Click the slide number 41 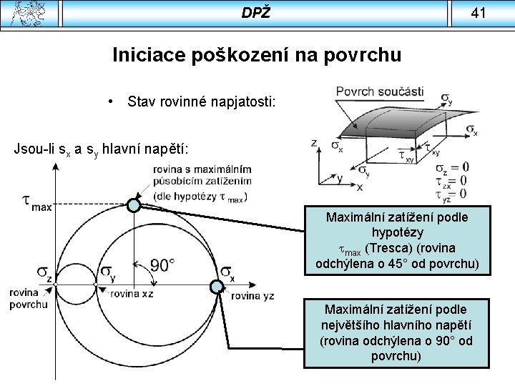pyautogui.click(x=479, y=12)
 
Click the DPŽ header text pyautogui.click(x=256, y=12)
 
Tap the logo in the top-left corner pyautogui.click(x=28, y=13)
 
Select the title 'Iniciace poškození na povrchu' pyautogui.click(x=257, y=55)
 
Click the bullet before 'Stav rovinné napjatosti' pyautogui.click(x=112, y=102)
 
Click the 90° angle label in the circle pyautogui.click(x=162, y=266)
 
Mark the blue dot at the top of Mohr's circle pyautogui.click(x=134, y=206)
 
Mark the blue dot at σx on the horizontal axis pyautogui.click(x=216, y=287)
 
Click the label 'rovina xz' pyautogui.click(x=132, y=294)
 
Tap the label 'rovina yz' pyautogui.click(x=252, y=295)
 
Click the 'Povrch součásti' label pyautogui.click(x=379, y=91)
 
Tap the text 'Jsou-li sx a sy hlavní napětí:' pyautogui.click(x=101, y=149)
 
